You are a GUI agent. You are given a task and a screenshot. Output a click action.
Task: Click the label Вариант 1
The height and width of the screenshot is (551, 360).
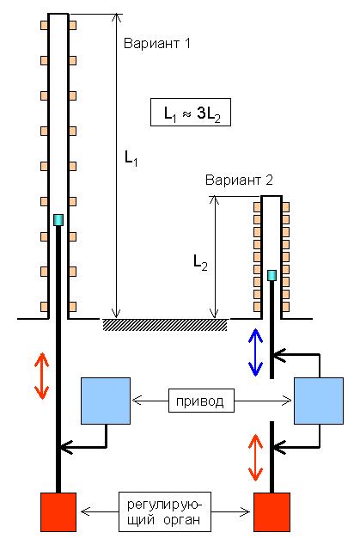coord(157,43)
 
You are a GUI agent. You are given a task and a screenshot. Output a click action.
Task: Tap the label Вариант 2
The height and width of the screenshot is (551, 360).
coord(239,180)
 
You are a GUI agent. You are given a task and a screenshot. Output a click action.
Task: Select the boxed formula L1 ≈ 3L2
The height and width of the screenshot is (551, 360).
coord(191,112)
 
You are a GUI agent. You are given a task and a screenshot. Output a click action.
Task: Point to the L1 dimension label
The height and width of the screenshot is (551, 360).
coord(131,158)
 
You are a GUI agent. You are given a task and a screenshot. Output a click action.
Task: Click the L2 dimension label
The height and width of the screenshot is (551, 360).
coord(200,262)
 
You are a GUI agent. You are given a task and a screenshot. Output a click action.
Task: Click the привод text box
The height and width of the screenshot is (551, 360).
coord(201,401)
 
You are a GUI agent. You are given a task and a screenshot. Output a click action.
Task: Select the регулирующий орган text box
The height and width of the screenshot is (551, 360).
coord(165,511)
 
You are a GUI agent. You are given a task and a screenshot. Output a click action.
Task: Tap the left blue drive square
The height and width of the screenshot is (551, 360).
coord(106,401)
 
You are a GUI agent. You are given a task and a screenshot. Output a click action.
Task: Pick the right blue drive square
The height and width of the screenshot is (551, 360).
coord(319,401)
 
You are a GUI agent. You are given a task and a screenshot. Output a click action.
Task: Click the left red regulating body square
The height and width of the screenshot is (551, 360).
coord(58,512)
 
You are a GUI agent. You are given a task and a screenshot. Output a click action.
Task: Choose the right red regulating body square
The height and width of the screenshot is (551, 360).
coord(272,512)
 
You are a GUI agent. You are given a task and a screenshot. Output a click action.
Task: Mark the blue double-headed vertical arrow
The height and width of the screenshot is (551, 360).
coord(256,352)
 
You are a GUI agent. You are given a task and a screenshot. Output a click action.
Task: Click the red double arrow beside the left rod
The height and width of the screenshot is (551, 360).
coord(42,376)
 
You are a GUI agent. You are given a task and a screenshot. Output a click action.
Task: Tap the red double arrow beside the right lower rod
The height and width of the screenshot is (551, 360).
coord(256,457)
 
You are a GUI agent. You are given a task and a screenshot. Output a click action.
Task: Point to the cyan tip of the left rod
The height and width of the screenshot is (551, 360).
coord(58,220)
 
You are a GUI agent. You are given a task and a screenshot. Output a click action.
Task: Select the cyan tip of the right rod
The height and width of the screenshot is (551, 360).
coord(272,275)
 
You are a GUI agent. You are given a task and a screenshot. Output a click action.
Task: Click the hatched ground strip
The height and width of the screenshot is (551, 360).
coord(165,325)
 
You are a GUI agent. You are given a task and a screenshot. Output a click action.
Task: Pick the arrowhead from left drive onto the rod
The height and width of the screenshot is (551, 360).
coord(66,447)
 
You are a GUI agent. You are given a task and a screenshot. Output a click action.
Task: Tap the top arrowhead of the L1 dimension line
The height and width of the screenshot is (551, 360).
coord(116,16)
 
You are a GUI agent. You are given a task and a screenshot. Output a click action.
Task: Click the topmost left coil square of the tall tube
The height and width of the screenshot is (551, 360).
coord(44,25)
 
